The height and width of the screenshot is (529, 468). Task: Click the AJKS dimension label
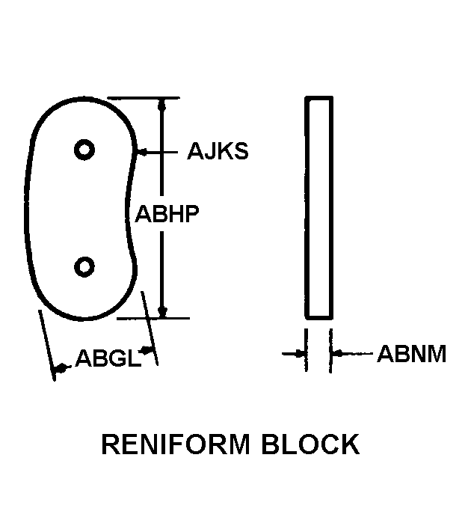[x=218, y=152]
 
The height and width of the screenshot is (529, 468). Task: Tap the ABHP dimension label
[x=166, y=214]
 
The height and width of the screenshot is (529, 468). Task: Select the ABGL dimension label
[x=108, y=360]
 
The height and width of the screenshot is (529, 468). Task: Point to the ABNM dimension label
[x=411, y=353]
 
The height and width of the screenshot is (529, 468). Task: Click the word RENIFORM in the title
[x=173, y=444]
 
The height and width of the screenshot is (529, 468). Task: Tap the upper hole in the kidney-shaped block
[x=84, y=150]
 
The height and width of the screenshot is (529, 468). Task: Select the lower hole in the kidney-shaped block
[x=84, y=266]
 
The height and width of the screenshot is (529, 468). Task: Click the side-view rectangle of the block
[x=319, y=207]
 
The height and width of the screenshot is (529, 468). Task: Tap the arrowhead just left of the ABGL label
[x=61, y=366]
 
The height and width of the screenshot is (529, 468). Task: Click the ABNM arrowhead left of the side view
[x=301, y=352]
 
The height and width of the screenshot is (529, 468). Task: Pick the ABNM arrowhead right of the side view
[x=337, y=352]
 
